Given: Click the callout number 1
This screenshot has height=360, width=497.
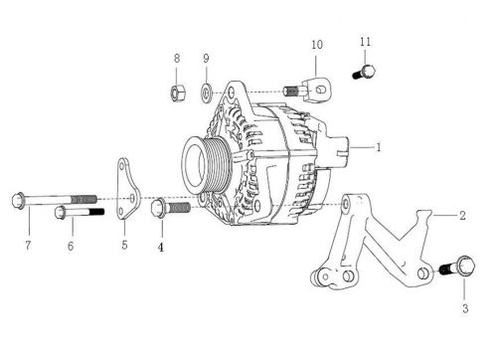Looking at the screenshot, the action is (x=379, y=147).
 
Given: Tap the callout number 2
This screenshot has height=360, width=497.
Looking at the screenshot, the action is (x=463, y=216).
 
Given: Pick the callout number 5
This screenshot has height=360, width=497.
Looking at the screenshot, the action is (x=124, y=244).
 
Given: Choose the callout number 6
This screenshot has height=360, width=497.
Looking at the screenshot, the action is (x=71, y=244).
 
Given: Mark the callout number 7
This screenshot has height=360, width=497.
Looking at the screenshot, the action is (x=28, y=244).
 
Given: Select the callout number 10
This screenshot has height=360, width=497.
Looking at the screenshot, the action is (x=317, y=46).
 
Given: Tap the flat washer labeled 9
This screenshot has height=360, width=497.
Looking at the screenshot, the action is (x=206, y=93).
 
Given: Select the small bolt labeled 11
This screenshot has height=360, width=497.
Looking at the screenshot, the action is (x=364, y=72).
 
